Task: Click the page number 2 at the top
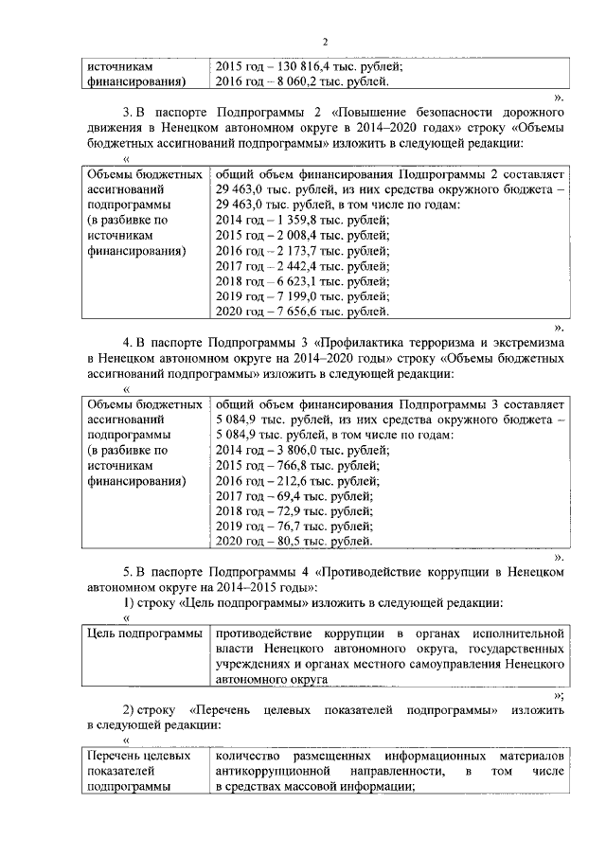coord(324,42)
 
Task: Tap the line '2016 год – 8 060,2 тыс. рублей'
coord(302,82)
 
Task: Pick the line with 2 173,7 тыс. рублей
coord(302,251)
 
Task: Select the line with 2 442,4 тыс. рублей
coord(302,266)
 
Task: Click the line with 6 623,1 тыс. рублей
coord(302,281)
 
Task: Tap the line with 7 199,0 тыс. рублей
coord(302,296)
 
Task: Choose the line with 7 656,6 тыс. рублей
coord(302,312)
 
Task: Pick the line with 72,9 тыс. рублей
coord(294,511)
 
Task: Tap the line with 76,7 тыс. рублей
coord(294,527)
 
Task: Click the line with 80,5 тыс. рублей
coord(294,542)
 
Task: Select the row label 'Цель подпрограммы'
coord(142,633)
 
